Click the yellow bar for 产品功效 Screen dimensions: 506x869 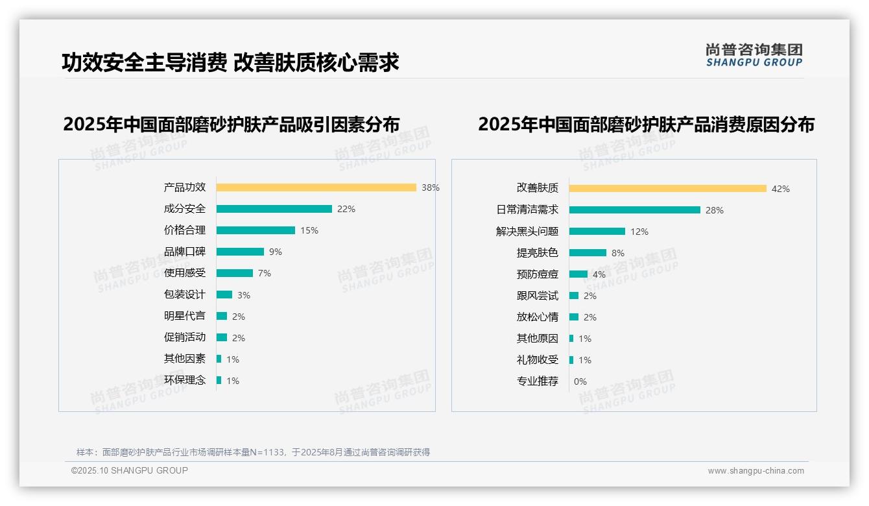point(316,187)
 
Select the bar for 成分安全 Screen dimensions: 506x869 point(274,209)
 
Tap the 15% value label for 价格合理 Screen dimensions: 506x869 point(309,230)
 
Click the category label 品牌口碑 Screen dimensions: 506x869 point(184,252)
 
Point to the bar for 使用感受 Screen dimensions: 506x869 point(234,273)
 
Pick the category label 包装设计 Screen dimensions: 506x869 point(184,295)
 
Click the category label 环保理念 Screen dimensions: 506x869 point(184,380)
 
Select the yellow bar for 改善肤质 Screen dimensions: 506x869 point(667,189)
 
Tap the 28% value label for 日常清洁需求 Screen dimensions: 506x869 point(715,210)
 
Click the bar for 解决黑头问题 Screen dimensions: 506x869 point(597,232)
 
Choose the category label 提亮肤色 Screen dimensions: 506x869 point(537,253)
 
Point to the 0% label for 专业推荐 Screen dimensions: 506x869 point(580,381)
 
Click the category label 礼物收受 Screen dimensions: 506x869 point(537,360)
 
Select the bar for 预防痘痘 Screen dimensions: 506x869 point(578,274)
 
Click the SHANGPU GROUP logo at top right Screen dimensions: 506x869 point(754,55)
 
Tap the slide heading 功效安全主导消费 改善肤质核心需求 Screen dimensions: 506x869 point(230,62)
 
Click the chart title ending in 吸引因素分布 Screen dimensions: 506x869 point(231,124)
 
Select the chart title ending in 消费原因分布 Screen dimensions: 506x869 point(646,124)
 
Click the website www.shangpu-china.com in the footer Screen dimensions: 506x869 point(756,471)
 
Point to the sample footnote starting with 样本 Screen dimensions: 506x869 point(253,452)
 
